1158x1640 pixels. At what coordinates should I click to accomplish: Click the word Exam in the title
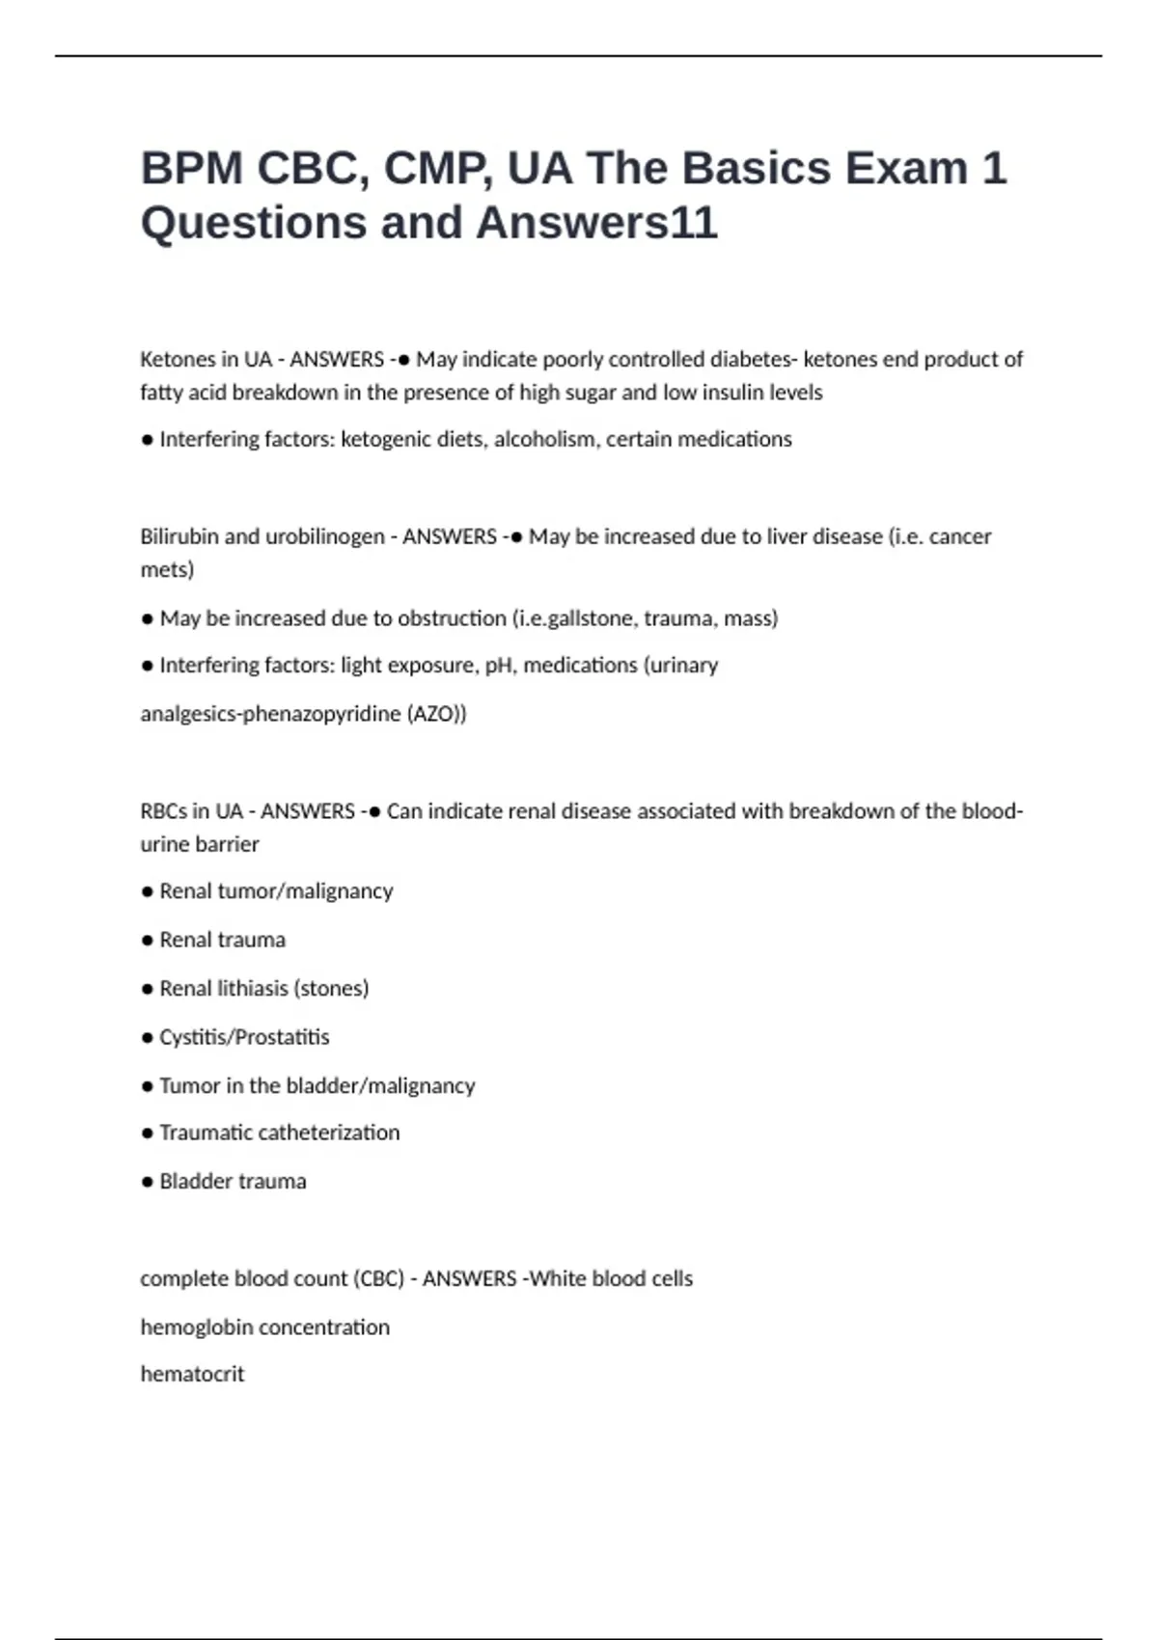[906, 168]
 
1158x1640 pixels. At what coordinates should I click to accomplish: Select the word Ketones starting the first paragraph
[177, 359]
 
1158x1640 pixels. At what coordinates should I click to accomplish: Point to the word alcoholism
[546, 439]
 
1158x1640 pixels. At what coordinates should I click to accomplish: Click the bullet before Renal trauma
[147, 941]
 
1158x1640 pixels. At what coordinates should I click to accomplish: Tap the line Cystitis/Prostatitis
[244, 1037]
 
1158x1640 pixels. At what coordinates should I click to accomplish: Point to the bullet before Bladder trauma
[147, 1182]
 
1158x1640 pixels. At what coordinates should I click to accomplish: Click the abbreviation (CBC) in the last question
[379, 1278]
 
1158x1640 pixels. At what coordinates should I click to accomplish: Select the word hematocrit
[192, 1374]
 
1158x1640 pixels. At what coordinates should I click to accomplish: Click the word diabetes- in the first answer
[754, 359]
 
